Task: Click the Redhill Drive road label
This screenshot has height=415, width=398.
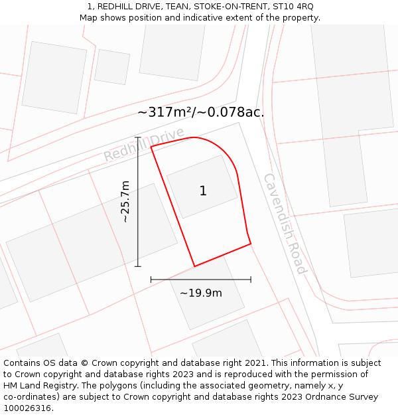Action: click(x=143, y=145)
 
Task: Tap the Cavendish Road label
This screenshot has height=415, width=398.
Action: click(x=285, y=224)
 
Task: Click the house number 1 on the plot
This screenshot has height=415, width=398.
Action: click(x=203, y=191)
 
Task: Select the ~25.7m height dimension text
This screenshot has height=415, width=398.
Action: click(x=125, y=201)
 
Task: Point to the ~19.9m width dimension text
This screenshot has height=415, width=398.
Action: click(x=200, y=293)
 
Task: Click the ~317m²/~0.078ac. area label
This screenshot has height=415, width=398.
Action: click(x=200, y=112)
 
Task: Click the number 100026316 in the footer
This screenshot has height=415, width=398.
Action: click(x=28, y=408)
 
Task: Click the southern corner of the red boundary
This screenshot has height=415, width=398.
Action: click(x=194, y=266)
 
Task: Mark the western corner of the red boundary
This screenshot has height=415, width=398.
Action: click(x=151, y=146)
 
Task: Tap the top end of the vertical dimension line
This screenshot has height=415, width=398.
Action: click(x=138, y=137)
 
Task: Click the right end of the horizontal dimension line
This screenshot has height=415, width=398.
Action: click(x=251, y=280)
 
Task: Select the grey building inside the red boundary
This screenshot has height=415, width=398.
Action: click(x=202, y=187)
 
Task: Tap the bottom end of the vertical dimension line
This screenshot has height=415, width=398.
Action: click(x=138, y=266)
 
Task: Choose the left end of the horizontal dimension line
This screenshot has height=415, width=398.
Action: click(x=151, y=280)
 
